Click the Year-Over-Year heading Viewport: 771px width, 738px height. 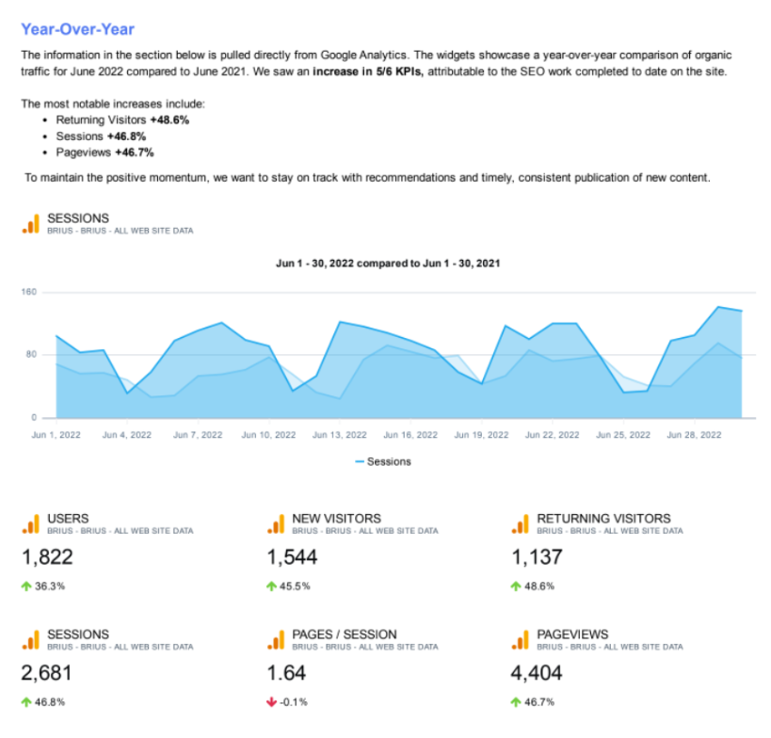77,29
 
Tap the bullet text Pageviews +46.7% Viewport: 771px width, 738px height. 104,152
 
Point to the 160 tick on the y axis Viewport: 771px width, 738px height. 28,292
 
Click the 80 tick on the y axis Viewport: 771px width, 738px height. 30,355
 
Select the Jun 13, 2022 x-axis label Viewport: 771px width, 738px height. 338,435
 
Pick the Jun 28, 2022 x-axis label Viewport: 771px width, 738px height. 693,435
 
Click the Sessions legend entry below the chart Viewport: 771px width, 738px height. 383,462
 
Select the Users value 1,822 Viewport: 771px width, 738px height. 47,556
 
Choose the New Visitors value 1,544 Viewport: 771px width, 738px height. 292,556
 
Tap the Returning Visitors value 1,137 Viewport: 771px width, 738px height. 537,556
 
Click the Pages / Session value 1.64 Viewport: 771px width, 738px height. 286,673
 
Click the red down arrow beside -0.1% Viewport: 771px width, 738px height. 271,702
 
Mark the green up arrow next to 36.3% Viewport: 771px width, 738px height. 26,586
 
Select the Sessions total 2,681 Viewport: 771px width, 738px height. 47,673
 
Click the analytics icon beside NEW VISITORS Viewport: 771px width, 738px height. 275,523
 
